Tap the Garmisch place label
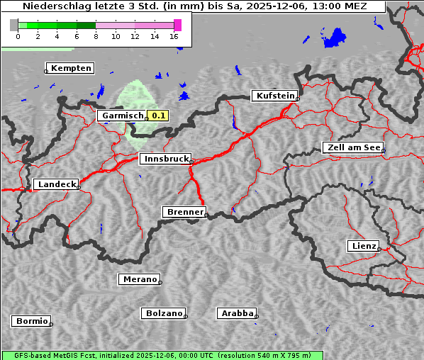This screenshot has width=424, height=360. [123, 115]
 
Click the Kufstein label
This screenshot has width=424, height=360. [275, 96]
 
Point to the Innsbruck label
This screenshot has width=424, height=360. [165, 159]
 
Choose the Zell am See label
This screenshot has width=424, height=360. [353, 147]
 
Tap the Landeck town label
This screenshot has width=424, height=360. [56, 184]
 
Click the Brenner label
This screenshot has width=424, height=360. [185, 212]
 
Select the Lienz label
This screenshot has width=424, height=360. [364, 246]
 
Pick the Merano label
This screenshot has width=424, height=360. [140, 279]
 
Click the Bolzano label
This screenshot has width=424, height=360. [164, 313]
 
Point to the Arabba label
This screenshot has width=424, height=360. [236, 313]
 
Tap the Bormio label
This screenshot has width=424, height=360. [32, 321]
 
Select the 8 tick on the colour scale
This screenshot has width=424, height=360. [96, 36]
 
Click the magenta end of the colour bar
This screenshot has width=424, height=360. [177, 25]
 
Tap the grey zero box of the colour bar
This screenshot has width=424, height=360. [14, 25]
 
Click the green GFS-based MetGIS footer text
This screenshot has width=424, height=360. [162, 355]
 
